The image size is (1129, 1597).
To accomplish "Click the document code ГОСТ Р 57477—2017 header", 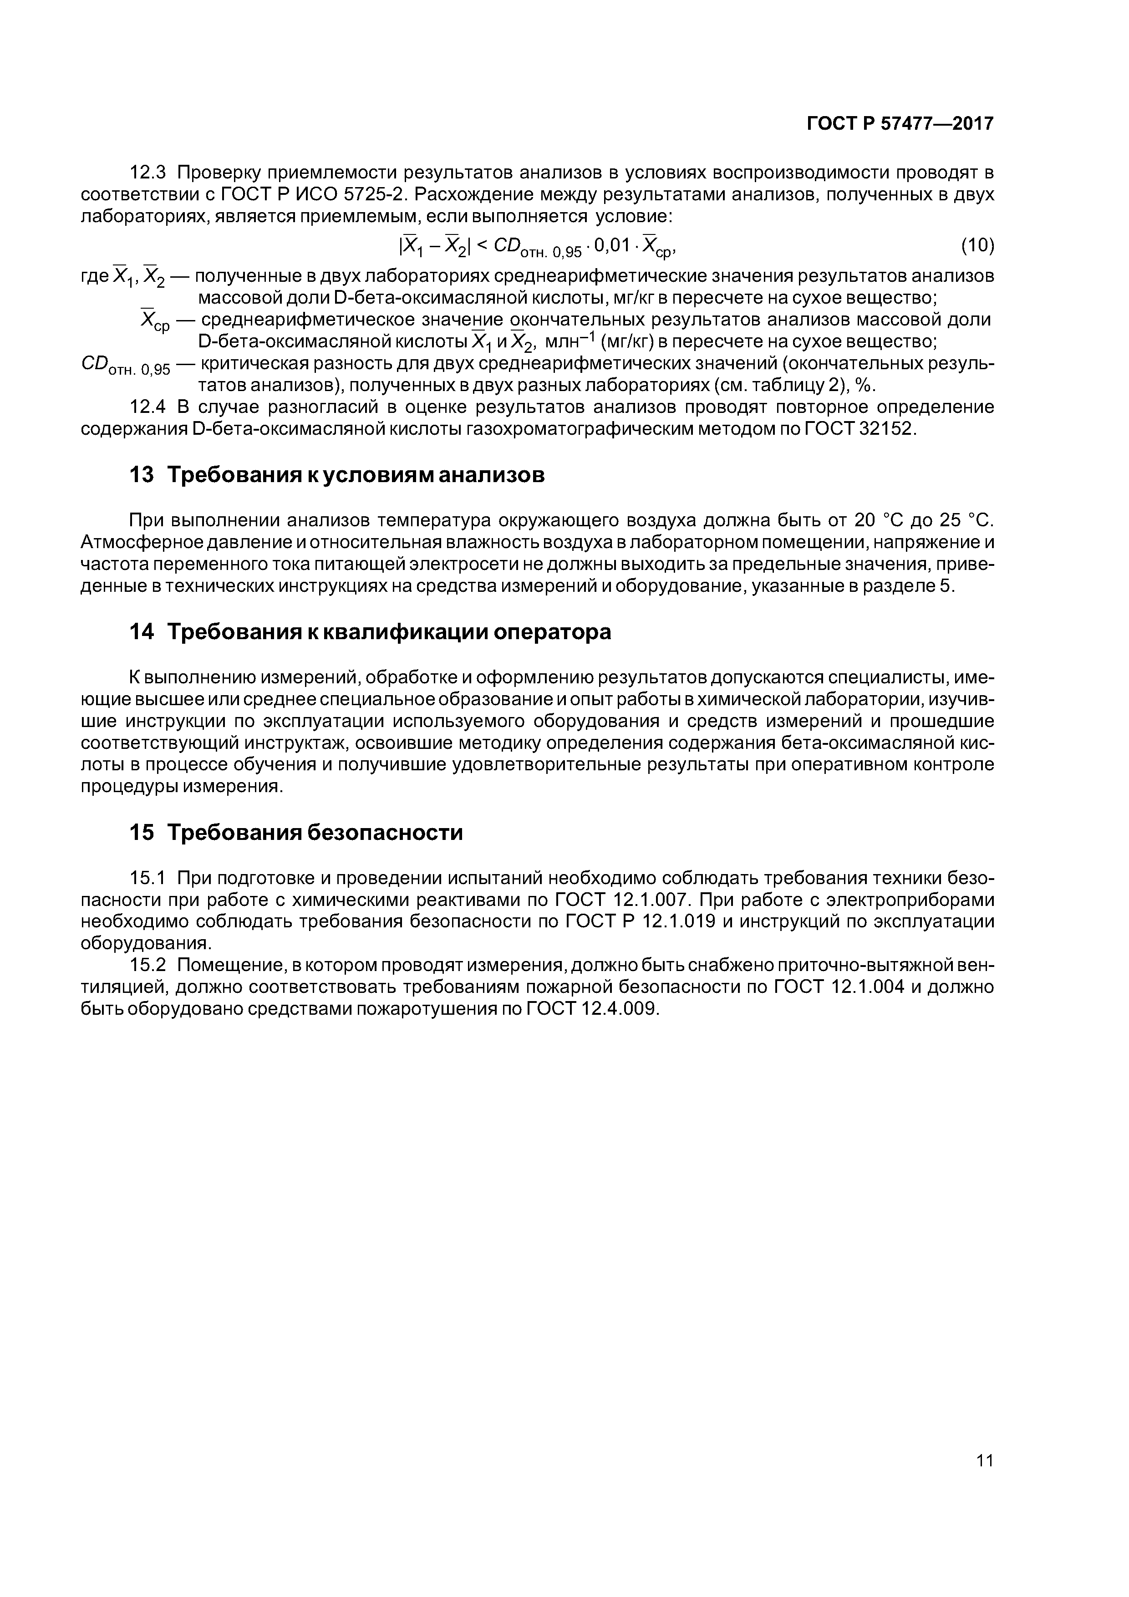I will [900, 124].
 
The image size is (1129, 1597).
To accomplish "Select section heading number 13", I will [141, 475].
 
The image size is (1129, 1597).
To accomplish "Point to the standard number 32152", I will [885, 429].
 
